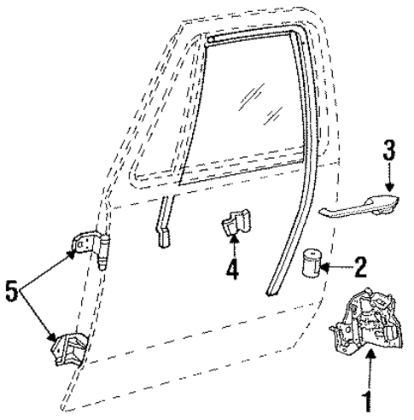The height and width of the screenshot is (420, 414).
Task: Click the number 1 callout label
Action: (x=369, y=401)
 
